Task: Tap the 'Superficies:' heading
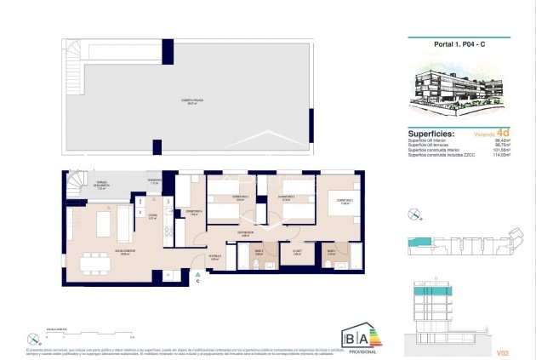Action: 431,134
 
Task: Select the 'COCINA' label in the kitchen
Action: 155,217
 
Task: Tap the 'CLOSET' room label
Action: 297,250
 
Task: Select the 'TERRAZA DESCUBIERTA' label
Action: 101,188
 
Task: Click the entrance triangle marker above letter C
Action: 197,274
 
